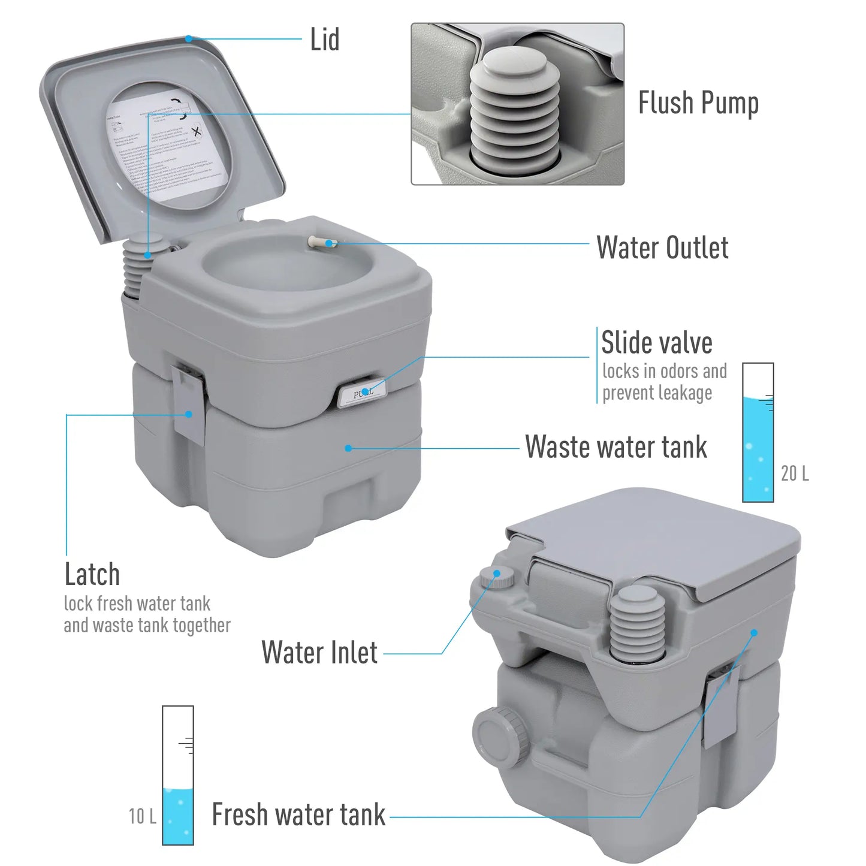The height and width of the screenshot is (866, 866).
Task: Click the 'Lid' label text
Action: (324, 40)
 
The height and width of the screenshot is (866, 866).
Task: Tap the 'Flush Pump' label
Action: (698, 103)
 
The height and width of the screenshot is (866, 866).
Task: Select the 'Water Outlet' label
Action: (662, 248)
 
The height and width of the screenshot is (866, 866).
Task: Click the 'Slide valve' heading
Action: (657, 343)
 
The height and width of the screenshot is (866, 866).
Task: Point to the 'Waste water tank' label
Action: (615, 447)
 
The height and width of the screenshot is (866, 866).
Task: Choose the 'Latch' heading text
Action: (92, 575)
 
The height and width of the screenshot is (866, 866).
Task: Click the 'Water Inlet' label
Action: (319, 653)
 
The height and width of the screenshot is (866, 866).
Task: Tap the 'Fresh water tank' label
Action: (298, 815)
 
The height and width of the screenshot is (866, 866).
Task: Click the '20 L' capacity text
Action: (794, 473)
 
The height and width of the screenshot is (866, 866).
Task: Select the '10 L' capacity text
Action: (143, 816)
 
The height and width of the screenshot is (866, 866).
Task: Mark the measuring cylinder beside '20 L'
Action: (758, 433)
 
